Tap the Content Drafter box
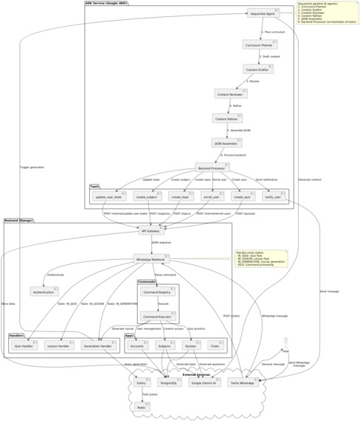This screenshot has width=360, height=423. [x=259, y=69]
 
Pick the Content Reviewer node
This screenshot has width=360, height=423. [x=231, y=94]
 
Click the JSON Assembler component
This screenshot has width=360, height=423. [x=227, y=142]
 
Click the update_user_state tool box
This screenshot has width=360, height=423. [x=108, y=197]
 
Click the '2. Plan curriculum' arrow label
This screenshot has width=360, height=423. [x=273, y=32]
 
